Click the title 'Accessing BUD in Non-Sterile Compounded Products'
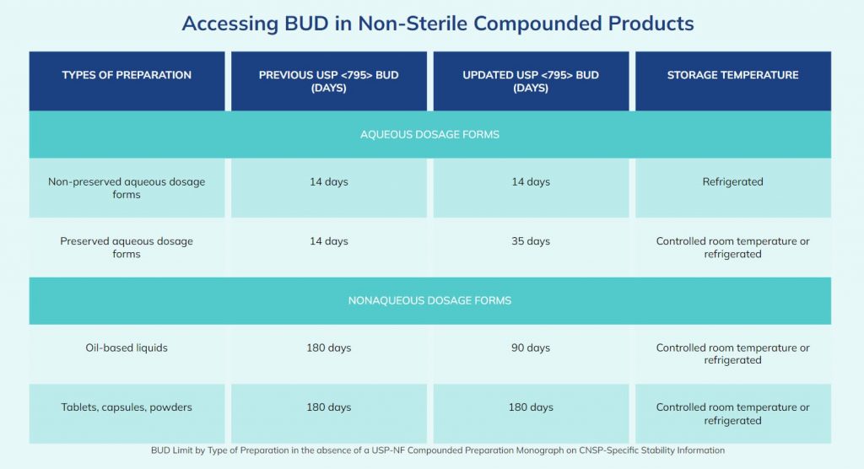click(x=438, y=24)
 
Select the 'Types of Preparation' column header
click(x=127, y=75)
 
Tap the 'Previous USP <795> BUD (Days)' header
click(x=328, y=81)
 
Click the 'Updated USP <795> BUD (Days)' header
click(x=531, y=81)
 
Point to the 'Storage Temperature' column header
click(x=732, y=75)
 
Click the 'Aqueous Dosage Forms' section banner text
click(x=429, y=134)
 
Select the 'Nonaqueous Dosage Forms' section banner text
click(x=429, y=300)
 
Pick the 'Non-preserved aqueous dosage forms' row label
click(x=127, y=188)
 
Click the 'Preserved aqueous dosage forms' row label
click(x=127, y=247)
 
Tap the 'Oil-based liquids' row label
click(x=127, y=348)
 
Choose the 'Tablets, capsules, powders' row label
click(x=127, y=407)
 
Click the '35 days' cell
click(x=531, y=241)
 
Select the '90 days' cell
click(x=531, y=348)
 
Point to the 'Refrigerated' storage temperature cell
click(x=732, y=181)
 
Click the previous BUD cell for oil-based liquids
click(x=328, y=348)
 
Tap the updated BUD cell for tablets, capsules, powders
click(x=531, y=407)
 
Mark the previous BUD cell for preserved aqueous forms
click(x=328, y=241)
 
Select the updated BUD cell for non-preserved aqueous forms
click(x=531, y=181)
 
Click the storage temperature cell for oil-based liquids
click(x=732, y=353)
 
